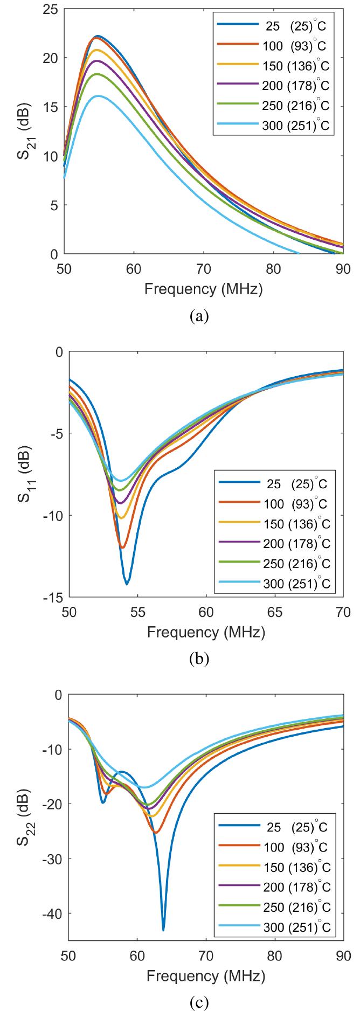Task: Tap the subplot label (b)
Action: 204,659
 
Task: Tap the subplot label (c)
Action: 204,1003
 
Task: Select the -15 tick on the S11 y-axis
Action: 53,598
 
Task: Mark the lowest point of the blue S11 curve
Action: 127,584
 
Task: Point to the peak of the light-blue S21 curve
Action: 98,96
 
